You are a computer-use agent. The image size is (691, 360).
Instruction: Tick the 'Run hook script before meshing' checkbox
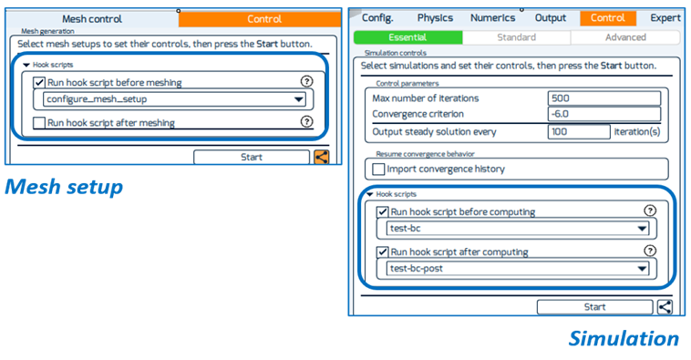pos(38,82)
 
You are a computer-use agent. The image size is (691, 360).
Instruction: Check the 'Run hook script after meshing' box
pos(38,122)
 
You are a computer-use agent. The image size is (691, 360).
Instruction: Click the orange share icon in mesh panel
pos(322,157)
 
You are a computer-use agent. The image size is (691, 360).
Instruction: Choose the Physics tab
pos(435,17)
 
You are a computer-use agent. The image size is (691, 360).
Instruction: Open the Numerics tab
pos(492,17)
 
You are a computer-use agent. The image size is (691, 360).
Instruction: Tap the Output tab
pos(550,17)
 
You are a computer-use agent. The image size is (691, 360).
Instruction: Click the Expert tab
pos(665,17)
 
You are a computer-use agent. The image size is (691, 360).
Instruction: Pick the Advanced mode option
pos(625,37)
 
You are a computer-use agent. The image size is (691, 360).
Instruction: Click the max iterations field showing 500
pos(579,98)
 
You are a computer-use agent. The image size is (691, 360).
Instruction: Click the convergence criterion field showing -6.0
pos(579,114)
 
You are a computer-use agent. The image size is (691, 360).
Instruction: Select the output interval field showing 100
pos(579,131)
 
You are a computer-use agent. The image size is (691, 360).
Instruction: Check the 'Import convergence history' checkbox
pos(378,169)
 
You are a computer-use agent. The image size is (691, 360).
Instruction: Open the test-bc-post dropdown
pos(518,269)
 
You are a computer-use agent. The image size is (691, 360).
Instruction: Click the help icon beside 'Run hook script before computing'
pos(650,211)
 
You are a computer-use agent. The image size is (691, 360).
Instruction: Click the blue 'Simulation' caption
pos(624,339)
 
